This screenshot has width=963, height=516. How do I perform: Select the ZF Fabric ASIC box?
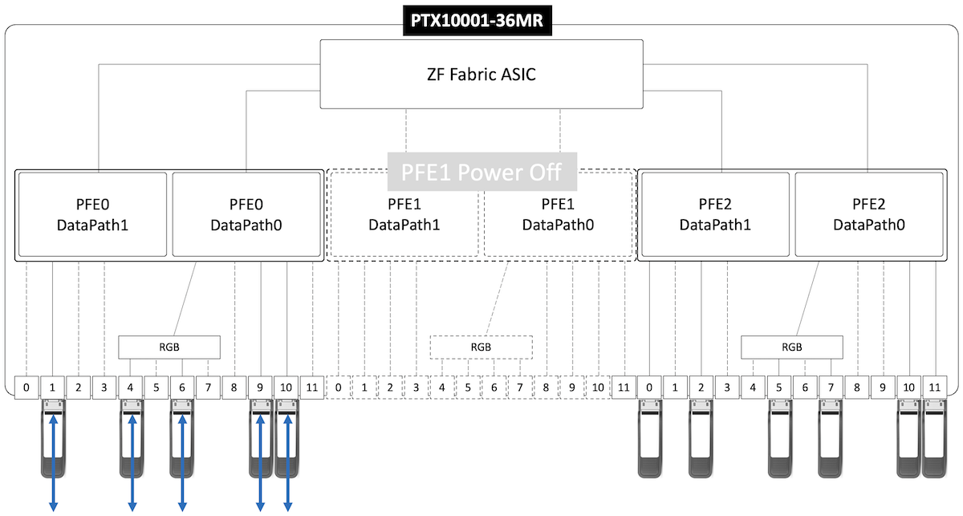[481, 75]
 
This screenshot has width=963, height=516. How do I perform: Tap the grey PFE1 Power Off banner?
[482, 172]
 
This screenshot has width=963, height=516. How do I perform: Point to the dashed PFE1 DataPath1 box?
[404, 215]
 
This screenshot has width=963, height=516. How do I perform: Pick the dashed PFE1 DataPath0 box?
[558, 215]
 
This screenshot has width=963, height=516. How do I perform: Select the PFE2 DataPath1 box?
[715, 215]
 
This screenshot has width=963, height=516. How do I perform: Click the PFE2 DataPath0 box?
[868, 215]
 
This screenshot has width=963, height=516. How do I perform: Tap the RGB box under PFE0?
[169, 347]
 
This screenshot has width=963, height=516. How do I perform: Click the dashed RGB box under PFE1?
[481, 347]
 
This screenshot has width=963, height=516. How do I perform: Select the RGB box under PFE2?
[791, 347]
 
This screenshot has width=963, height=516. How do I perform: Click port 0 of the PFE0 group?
[26, 388]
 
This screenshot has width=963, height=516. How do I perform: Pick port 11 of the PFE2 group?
[933, 388]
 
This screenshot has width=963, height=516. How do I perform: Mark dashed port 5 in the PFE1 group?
[468, 388]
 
